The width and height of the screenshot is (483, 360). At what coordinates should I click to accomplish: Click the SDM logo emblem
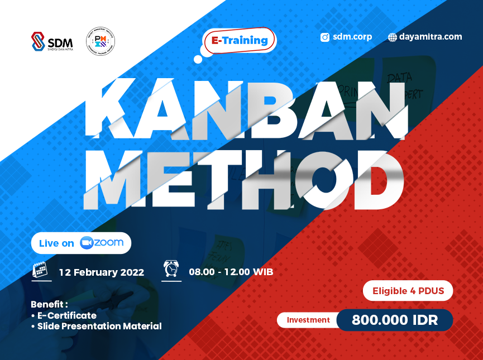(x=38, y=42)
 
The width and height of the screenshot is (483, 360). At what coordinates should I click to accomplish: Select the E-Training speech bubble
(x=240, y=41)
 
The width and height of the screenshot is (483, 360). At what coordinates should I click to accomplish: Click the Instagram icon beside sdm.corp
(x=325, y=37)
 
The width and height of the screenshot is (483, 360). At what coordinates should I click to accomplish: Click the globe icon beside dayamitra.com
(x=393, y=37)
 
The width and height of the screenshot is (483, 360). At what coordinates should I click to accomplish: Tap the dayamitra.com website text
(x=431, y=37)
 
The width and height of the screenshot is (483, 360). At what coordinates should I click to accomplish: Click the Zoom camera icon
(x=86, y=243)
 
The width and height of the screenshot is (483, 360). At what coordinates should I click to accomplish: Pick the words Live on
(x=56, y=243)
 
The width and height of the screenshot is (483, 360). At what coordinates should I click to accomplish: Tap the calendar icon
(x=40, y=270)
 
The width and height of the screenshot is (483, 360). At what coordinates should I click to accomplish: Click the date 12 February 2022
(x=102, y=272)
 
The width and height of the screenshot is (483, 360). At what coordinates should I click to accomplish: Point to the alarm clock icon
(x=171, y=270)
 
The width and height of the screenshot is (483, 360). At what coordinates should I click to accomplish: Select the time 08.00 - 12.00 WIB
(x=231, y=272)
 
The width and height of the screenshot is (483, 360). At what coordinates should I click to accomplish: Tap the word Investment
(x=309, y=320)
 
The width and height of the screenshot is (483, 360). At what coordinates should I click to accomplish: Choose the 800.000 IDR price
(x=395, y=320)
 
